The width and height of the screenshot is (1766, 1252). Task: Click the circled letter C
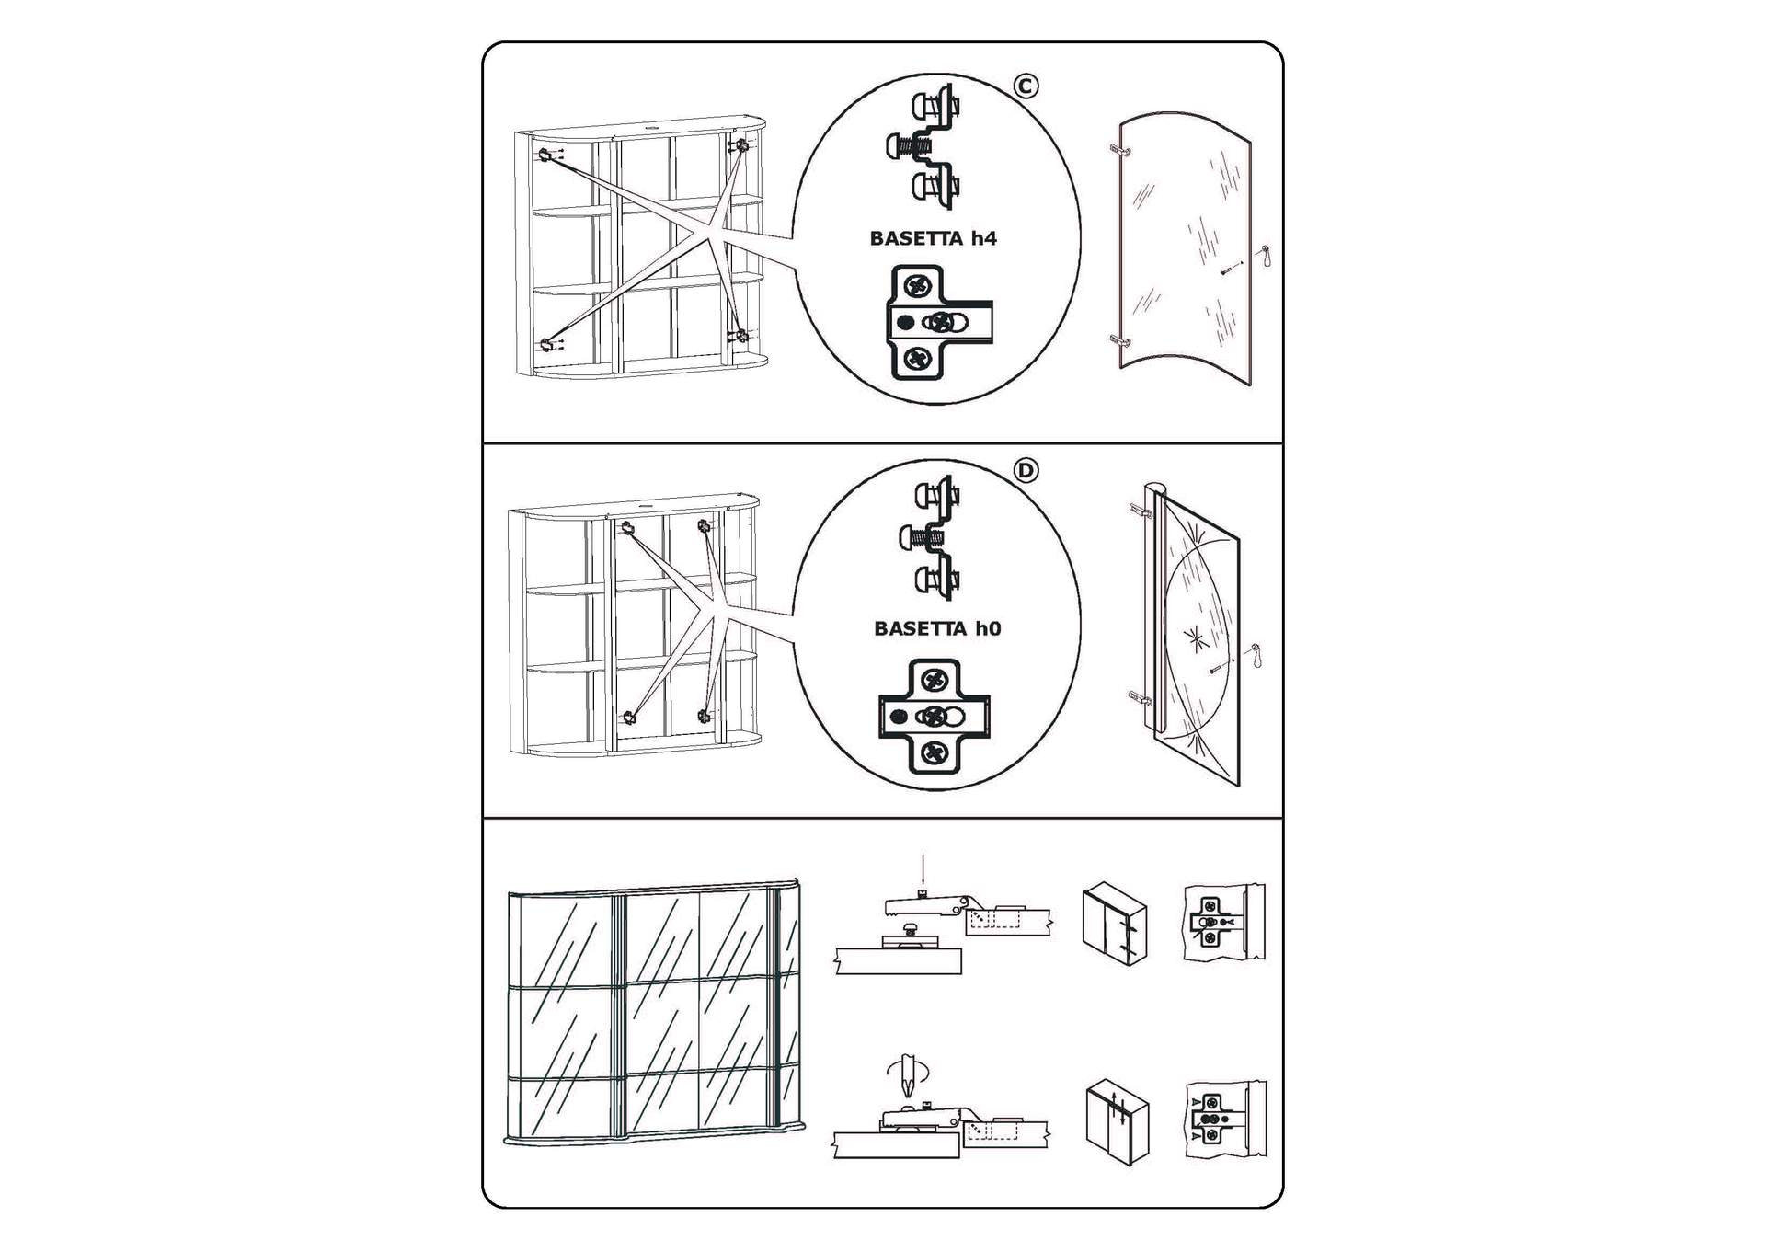tap(1026, 86)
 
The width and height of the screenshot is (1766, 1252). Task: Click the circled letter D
tap(1026, 471)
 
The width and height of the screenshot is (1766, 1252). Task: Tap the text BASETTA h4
tap(933, 238)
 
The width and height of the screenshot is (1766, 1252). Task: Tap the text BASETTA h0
tap(936, 628)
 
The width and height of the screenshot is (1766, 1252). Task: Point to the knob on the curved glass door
tap(1265, 255)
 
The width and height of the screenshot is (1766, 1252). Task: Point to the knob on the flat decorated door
tap(1256, 655)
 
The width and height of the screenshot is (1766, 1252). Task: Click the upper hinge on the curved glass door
tap(1118, 148)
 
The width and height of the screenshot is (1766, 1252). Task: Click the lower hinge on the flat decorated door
tap(1140, 697)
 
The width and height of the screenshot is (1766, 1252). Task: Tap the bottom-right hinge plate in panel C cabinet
tap(739, 336)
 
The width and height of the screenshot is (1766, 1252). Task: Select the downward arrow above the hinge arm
tap(923, 872)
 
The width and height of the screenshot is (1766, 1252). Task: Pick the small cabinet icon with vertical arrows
tap(1117, 1122)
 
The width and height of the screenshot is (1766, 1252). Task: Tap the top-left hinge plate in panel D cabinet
tap(627, 528)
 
